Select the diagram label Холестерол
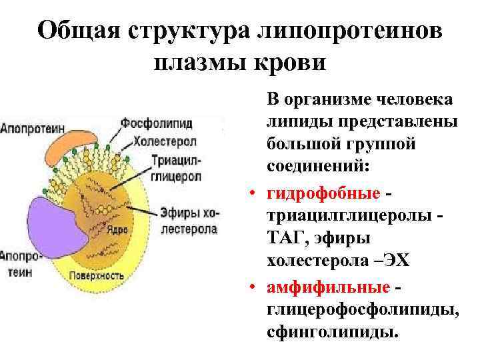(x=163, y=141)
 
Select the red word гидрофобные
(x=323, y=193)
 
